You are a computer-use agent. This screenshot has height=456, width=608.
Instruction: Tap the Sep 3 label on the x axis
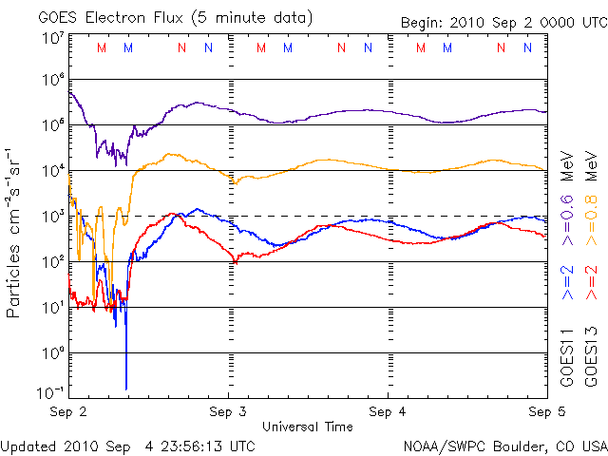click(228, 412)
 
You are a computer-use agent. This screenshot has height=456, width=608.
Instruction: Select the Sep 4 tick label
click(388, 412)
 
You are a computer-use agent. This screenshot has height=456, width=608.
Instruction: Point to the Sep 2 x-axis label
click(68, 412)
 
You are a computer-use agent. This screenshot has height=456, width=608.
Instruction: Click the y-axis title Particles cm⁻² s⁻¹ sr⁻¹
click(15, 232)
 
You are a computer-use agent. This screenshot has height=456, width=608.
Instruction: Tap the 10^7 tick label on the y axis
click(51, 38)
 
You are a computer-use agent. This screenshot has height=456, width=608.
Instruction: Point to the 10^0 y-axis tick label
click(51, 353)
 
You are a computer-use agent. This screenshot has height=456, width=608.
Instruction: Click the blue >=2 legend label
click(566, 283)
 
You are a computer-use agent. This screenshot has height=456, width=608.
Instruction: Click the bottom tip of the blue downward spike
click(126, 388)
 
